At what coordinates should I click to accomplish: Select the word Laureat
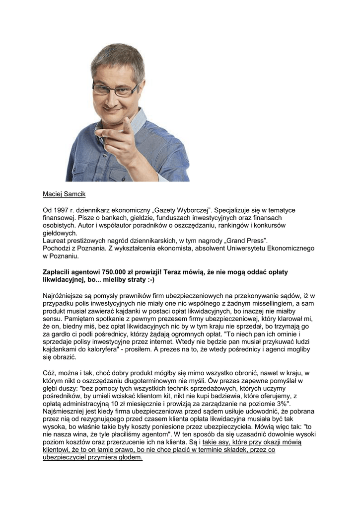[56, 240]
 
